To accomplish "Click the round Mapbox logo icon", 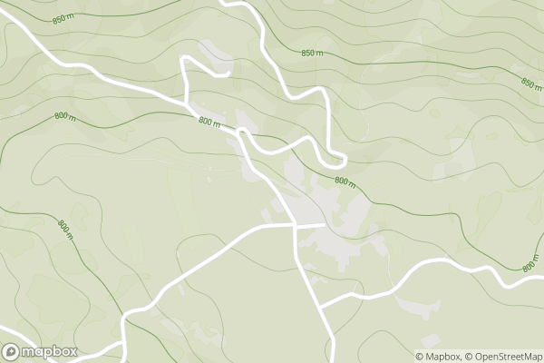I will (x=12, y=351).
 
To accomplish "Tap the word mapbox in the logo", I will (x=50, y=351).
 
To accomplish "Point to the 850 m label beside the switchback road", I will (x=312, y=54).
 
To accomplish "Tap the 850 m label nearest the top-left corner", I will (x=63, y=18).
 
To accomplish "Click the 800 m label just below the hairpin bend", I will (x=345, y=181).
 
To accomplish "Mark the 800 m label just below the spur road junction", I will (x=209, y=123).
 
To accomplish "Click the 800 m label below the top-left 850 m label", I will (x=63, y=116).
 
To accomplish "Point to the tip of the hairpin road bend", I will (x=345, y=161).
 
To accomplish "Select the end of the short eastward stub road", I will (x=324, y=223).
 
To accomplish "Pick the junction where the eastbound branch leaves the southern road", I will (x=322, y=306).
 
